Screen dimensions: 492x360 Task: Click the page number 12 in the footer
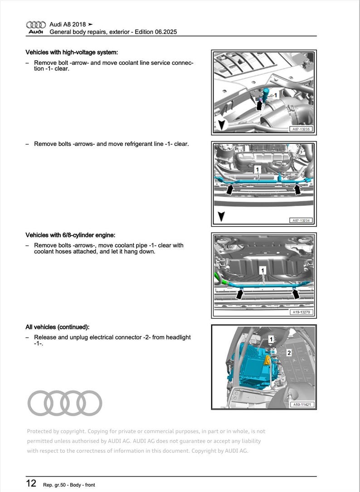(31, 483)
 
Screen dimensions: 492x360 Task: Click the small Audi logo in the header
(36, 28)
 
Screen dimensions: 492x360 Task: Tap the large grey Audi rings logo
(65, 403)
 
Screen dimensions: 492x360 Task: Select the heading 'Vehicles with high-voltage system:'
(72, 52)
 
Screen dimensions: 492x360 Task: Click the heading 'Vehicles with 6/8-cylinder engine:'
(70, 235)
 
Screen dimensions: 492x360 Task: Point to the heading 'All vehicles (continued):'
(58, 327)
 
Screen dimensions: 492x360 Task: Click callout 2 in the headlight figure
(288, 352)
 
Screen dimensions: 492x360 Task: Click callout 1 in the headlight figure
(271, 339)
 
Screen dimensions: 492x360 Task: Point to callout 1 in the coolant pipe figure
(262, 270)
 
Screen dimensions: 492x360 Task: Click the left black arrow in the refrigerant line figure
(230, 189)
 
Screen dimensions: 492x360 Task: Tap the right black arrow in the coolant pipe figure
(296, 294)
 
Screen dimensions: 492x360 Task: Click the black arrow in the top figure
(260, 105)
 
